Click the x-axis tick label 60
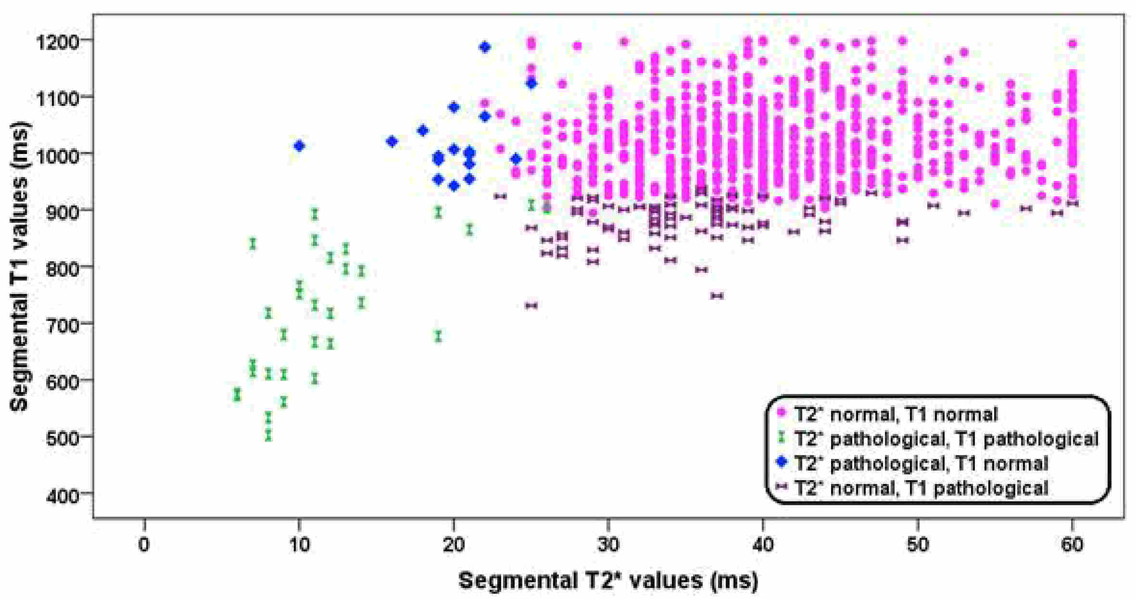pyautogui.click(x=1072, y=545)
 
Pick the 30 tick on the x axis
pyautogui.click(x=608, y=545)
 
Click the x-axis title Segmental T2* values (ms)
pyautogui.click(x=608, y=580)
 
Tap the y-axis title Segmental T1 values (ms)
pyautogui.click(x=19, y=267)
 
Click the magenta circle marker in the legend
pyautogui.click(x=782, y=412)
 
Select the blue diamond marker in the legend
pyautogui.click(x=782, y=462)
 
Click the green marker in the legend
pyautogui.click(x=782, y=437)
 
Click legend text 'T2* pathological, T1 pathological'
pyautogui.click(x=946, y=438)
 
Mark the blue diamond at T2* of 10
pyautogui.click(x=299, y=146)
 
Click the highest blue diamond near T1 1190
pyautogui.click(x=485, y=47)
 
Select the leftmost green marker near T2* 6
pyautogui.click(x=237, y=395)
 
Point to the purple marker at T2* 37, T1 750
pyautogui.click(x=717, y=296)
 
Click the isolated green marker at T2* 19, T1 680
pyautogui.click(x=438, y=336)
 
